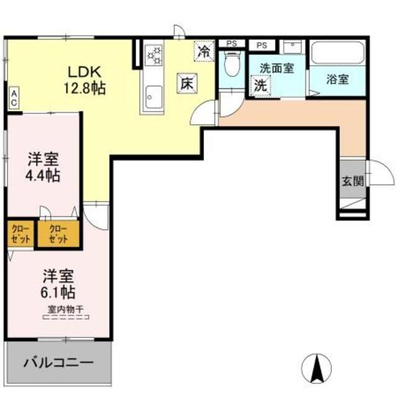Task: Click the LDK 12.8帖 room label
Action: pyautogui.click(x=86, y=79)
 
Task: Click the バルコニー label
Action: pyautogui.click(x=59, y=361)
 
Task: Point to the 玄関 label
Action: pyautogui.click(x=352, y=181)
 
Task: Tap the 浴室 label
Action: pyautogui.click(x=337, y=79)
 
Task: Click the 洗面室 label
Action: pyautogui.click(x=276, y=68)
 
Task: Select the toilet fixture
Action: pyautogui.click(x=231, y=62)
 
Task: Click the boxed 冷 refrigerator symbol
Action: pyautogui.click(x=203, y=52)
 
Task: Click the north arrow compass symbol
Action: pyautogui.click(x=317, y=368)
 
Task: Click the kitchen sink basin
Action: pyautogui.click(x=152, y=96)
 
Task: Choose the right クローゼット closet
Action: pyautogui.click(x=58, y=234)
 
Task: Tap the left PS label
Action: pyautogui.click(x=231, y=43)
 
